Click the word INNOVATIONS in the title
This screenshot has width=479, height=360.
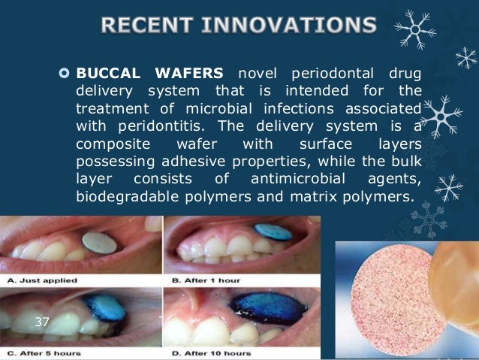pos(288,28)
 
